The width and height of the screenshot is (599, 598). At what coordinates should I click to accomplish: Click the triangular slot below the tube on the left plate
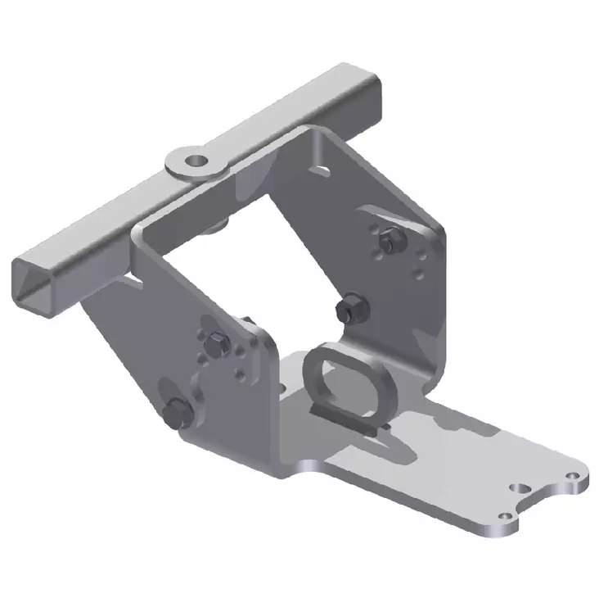(133, 279)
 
